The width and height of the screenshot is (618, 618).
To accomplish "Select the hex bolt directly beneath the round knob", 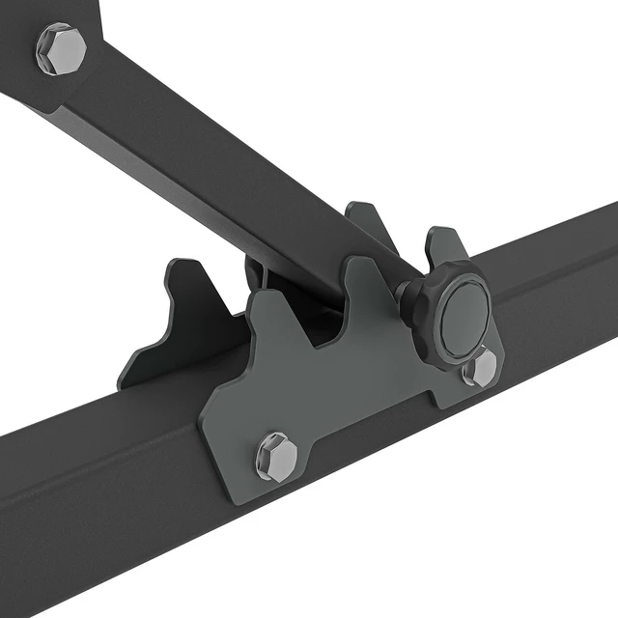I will (479, 367).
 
